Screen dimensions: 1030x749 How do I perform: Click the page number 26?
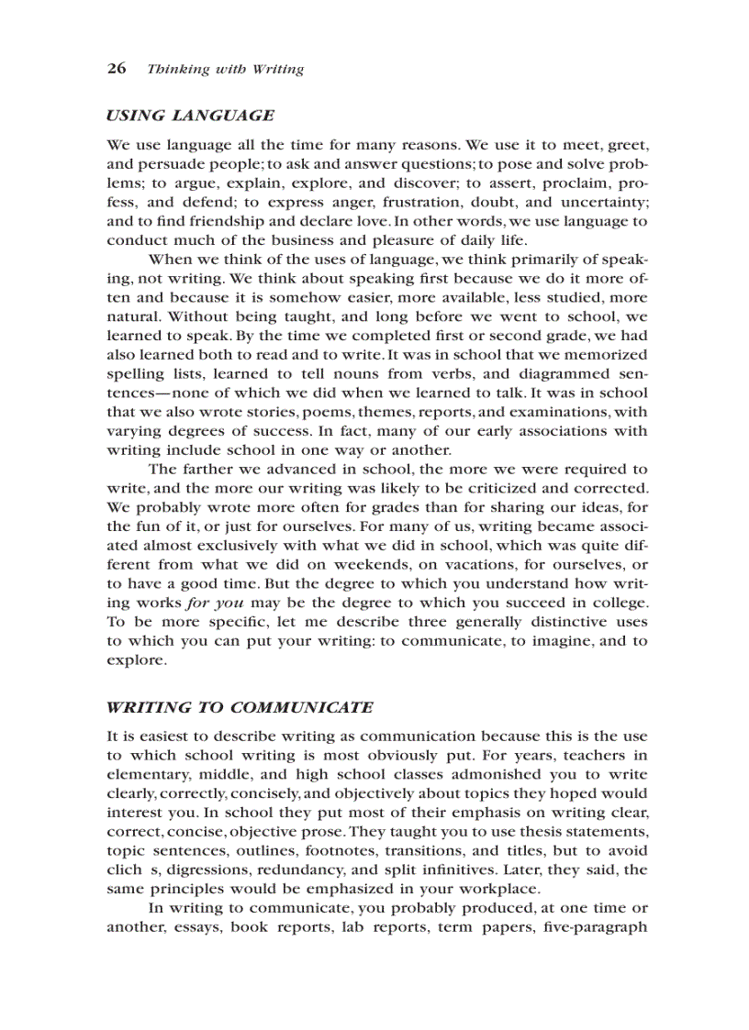[116, 69]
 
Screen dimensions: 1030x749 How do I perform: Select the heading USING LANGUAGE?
[190, 116]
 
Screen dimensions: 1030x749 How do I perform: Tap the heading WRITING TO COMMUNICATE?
[240, 707]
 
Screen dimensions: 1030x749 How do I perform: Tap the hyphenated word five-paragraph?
[595, 926]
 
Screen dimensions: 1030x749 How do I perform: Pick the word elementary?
[146, 774]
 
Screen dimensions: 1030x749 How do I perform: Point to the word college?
[617, 603]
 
